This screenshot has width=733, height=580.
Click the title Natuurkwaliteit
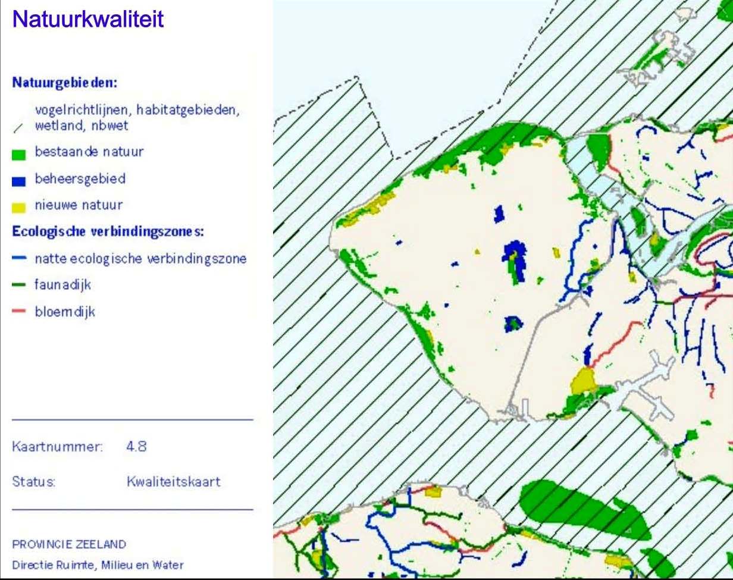click(x=87, y=20)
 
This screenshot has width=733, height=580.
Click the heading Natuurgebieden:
click(x=64, y=82)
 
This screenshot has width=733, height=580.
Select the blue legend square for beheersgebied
click(x=19, y=181)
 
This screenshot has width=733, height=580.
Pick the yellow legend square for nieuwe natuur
click(x=19, y=207)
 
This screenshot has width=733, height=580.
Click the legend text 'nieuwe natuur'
click(x=79, y=205)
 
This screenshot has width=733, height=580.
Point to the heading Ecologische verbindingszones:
click(x=108, y=231)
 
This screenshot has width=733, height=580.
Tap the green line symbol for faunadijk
click(x=19, y=286)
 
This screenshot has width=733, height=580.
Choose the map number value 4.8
click(x=136, y=446)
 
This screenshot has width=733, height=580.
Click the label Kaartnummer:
click(x=58, y=446)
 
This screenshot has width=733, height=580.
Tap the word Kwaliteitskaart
click(x=173, y=481)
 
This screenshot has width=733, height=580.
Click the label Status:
click(x=34, y=481)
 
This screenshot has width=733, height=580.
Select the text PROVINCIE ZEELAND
click(x=69, y=544)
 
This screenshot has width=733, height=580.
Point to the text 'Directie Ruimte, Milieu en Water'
click(x=98, y=565)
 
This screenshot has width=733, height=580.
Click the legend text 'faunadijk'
click(x=63, y=285)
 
